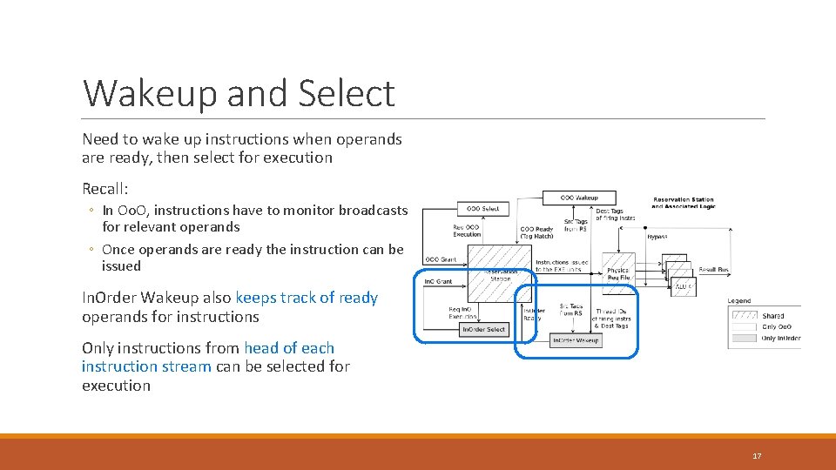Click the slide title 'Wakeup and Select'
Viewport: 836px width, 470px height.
pos(239,93)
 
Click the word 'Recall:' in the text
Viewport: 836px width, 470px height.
pos(105,189)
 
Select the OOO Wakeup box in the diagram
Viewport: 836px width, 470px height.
pos(578,198)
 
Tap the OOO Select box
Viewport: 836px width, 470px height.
pos(483,209)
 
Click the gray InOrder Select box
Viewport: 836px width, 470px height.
pos(483,329)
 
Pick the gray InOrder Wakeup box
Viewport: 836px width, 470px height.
pos(576,339)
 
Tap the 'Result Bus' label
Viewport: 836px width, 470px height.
pos(713,271)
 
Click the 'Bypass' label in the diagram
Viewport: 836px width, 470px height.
pos(657,236)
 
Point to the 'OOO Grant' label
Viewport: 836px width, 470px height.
pos(441,259)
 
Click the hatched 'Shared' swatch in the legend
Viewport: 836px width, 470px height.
pos(745,315)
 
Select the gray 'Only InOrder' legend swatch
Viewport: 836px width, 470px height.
pos(745,338)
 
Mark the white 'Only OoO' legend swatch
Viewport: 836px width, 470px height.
pos(745,326)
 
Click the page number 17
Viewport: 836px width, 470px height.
pos(757,455)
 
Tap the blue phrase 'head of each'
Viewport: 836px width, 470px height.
pos(289,348)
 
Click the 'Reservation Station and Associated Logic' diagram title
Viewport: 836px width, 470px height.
pos(684,204)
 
